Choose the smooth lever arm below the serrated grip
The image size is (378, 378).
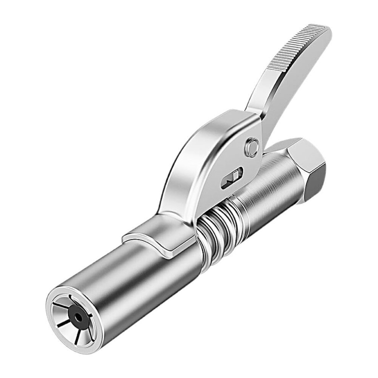(275, 95)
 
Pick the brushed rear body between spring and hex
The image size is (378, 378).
(267, 195)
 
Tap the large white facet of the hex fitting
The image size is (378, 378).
(302, 153)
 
